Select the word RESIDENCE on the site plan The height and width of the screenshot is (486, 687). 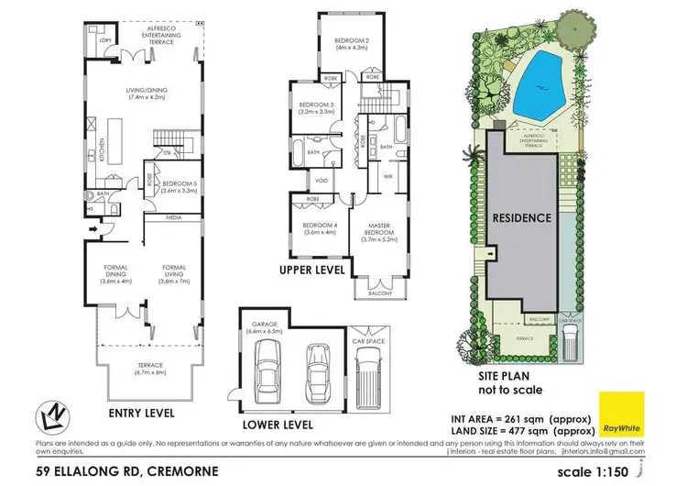click(x=522, y=218)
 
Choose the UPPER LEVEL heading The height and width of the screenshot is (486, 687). click(x=313, y=271)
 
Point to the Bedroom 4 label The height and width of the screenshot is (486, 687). click(x=312, y=229)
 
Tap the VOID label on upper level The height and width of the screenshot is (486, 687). click(x=322, y=180)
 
